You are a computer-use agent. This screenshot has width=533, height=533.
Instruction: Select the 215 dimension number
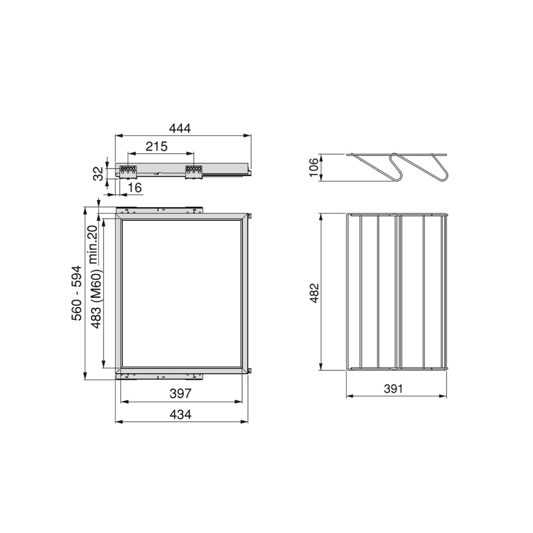click(x=157, y=146)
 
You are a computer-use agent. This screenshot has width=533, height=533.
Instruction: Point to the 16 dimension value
click(x=135, y=188)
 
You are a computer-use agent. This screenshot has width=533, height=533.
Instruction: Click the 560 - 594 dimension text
click(x=77, y=293)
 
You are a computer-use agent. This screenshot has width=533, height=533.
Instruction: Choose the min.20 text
click(x=93, y=245)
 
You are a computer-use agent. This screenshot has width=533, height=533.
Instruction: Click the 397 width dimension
click(x=180, y=394)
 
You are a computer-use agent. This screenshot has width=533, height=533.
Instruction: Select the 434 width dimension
click(x=181, y=414)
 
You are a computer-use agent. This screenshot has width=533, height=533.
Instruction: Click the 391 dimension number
click(x=394, y=389)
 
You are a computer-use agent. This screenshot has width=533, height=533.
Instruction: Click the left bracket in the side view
click(x=128, y=171)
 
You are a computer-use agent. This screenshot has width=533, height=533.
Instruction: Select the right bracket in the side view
click(x=194, y=171)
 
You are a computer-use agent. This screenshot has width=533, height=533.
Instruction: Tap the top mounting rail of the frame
click(x=159, y=210)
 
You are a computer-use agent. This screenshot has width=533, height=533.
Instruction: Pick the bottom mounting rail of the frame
click(x=159, y=375)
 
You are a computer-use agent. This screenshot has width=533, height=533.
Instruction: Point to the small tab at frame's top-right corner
click(x=250, y=215)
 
